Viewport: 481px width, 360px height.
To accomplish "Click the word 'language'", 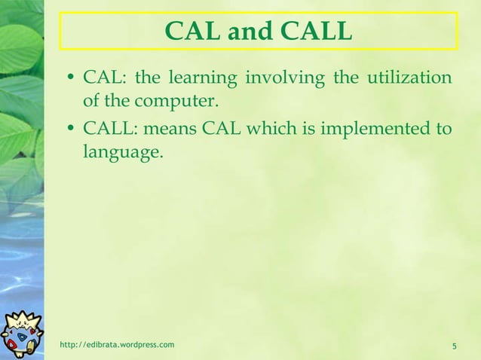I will pyautogui.click(x=121, y=152).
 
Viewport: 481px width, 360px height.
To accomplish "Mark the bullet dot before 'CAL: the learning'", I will pyautogui.click(x=69, y=78).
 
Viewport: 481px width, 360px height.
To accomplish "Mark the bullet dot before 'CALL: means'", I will pyautogui.click(x=69, y=130).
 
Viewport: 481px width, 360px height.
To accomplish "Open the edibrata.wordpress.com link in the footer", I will pyautogui.click(x=117, y=345).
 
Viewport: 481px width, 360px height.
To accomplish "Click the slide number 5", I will pyautogui.click(x=455, y=346).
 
